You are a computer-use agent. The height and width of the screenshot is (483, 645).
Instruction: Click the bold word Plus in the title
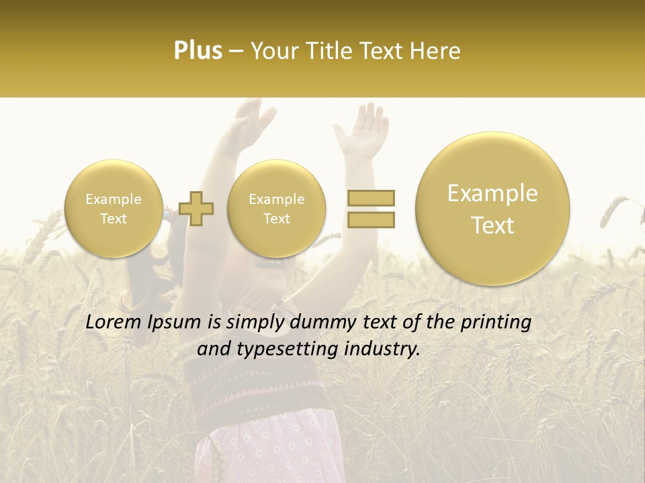pos(198,51)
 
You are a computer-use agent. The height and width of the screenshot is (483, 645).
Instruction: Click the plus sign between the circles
pos(196,208)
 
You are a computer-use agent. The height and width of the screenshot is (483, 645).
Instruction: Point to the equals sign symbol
pos(370,208)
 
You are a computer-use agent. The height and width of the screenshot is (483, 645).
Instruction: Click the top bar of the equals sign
pos(370,198)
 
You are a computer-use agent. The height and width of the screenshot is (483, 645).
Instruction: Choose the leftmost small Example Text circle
pos(113,208)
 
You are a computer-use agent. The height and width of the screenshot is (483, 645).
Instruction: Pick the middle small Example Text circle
pos(276,208)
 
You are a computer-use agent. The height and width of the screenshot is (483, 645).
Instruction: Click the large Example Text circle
pos(492,209)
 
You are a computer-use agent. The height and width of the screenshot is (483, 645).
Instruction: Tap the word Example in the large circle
pos(492,193)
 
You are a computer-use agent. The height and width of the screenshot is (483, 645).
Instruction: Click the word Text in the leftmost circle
pos(113,219)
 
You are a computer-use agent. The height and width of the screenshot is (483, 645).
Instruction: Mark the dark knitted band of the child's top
pos(269,382)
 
